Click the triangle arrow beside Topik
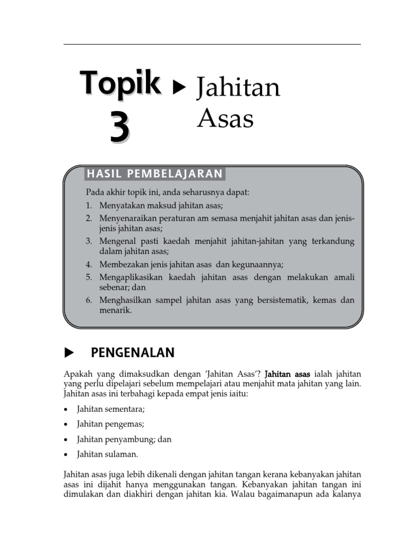point(180,87)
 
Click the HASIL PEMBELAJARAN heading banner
point(154,174)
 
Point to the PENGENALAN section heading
point(133,353)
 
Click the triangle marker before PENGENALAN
point(68,353)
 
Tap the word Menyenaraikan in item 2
point(128,218)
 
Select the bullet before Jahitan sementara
point(65,410)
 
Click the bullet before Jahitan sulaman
point(65,454)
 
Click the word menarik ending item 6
point(114,311)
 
